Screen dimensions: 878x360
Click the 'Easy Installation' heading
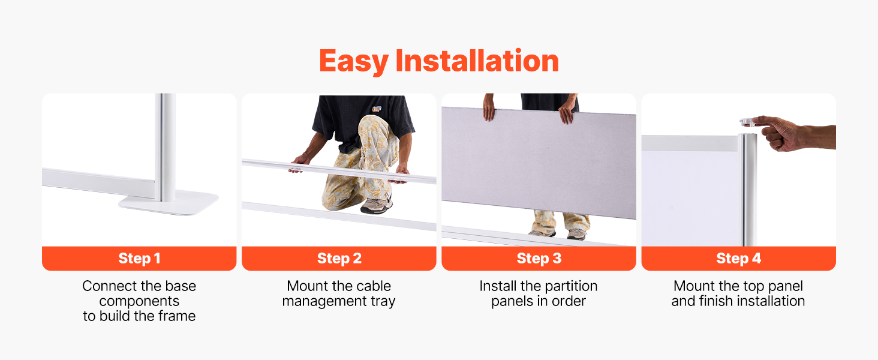click(439, 61)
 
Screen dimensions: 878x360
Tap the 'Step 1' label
click(139, 259)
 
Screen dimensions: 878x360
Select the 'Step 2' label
click(339, 259)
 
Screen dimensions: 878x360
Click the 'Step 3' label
click(539, 259)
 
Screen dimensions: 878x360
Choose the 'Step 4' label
click(738, 259)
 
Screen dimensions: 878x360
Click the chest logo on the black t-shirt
click(377, 109)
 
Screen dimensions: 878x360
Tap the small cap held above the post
click(747, 122)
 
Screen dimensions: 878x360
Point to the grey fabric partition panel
click(539, 161)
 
